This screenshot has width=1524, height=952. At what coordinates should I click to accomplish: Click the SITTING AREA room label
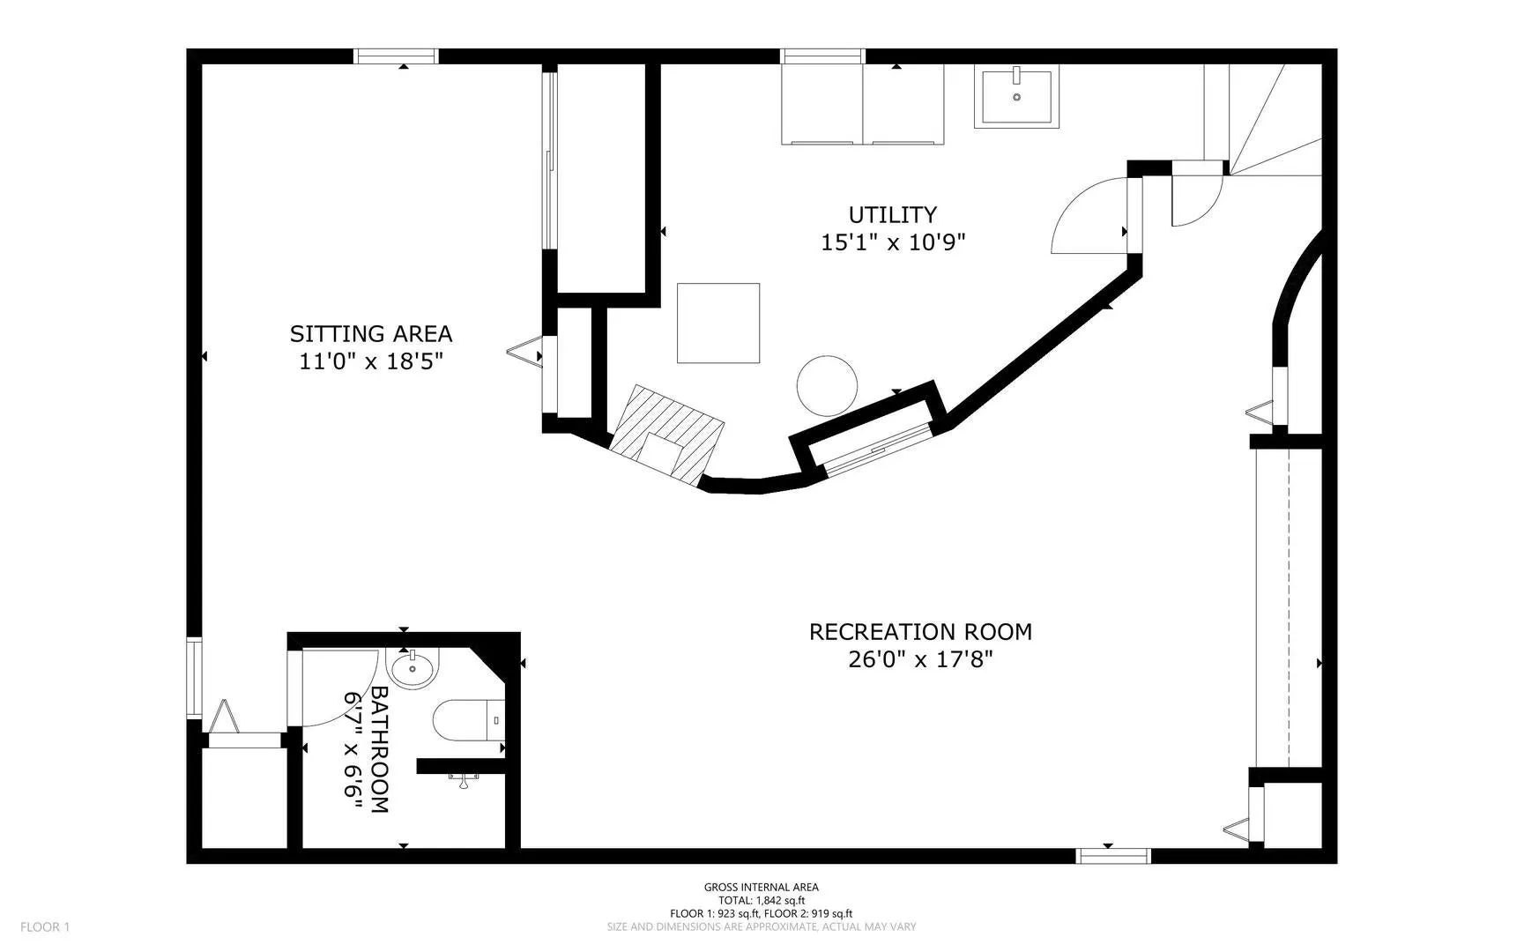point(371,334)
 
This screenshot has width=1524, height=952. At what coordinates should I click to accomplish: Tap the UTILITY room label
point(892,215)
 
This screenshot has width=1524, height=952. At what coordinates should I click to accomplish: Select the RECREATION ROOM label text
point(920,632)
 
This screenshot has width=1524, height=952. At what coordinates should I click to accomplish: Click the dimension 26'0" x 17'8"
point(920,659)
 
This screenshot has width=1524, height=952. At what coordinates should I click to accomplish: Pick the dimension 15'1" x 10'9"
point(893,242)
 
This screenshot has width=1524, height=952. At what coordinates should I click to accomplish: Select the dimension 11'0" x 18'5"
point(370,361)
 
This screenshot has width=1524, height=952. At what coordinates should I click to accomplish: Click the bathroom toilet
point(468,720)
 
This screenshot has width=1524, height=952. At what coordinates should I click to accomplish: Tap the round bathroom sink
point(413,669)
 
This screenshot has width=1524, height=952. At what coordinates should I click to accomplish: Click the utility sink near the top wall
point(1016,96)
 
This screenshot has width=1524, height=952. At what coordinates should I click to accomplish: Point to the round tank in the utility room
point(827,386)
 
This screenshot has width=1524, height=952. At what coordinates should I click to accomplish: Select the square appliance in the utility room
point(718,323)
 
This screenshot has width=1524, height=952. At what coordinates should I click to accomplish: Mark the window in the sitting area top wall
point(396,56)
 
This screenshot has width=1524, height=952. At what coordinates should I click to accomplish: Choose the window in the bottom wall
point(1113,856)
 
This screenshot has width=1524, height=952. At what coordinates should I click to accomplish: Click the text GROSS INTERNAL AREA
point(761,888)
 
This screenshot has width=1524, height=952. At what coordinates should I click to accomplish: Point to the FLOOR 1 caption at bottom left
point(45,926)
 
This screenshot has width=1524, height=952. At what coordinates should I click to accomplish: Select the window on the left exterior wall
point(195,677)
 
